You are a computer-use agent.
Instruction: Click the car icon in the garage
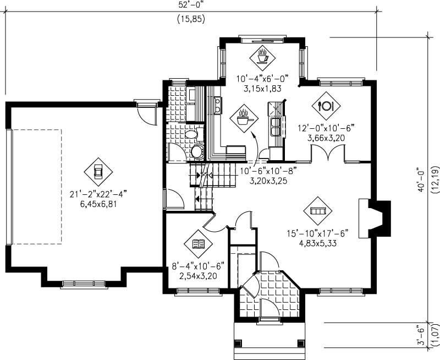98,171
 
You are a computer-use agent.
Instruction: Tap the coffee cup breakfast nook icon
262,56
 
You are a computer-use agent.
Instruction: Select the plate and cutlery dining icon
326,105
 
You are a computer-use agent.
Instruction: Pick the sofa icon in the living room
318,211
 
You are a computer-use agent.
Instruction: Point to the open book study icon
199,244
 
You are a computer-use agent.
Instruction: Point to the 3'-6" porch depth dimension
422,335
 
